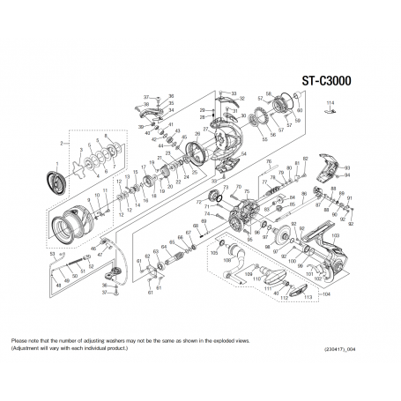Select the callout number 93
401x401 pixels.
point(347,167)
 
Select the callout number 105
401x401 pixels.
point(213,252)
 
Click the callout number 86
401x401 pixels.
point(303,193)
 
